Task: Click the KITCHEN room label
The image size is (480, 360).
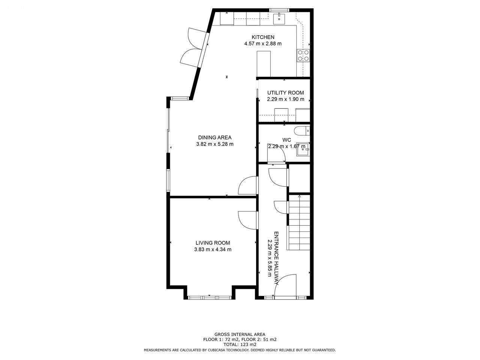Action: coord(263,37)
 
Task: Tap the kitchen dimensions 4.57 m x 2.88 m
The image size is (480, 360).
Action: coord(263,43)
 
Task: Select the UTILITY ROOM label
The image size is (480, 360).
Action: coord(286,93)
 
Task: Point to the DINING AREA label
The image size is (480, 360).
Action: coord(215,138)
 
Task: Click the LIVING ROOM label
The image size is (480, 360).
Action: coord(213,243)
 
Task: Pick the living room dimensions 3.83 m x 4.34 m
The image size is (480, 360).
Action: coord(213,249)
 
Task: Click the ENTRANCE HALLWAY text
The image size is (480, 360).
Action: coord(276,258)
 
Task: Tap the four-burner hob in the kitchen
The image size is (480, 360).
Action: coord(303,55)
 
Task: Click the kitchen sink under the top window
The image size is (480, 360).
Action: coord(279,19)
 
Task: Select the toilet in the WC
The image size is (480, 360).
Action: coord(302,131)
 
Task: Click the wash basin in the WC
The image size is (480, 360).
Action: coord(303,150)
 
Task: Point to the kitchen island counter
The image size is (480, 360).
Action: coord(264,64)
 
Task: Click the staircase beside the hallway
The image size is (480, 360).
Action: coord(299,222)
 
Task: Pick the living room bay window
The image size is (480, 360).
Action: coord(210,297)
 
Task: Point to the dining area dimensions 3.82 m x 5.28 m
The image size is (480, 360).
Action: coord(215,144)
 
